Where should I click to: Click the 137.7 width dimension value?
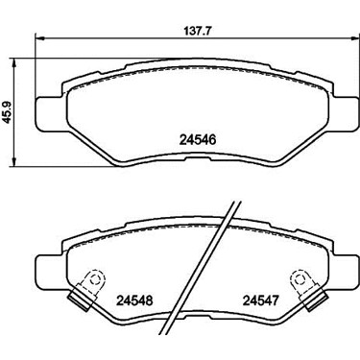[x=199, y=32]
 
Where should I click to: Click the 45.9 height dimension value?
[x=7, y=112]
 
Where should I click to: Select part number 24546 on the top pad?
[x=199, y=140]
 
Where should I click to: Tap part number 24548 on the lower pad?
[x=134, y=300]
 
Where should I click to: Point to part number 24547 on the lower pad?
[x=261, y=300]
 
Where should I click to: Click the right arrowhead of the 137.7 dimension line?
[x=355, y=38]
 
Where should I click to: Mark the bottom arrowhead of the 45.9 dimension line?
[x=13, y=162]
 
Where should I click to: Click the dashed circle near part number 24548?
[x=94, y=279]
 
